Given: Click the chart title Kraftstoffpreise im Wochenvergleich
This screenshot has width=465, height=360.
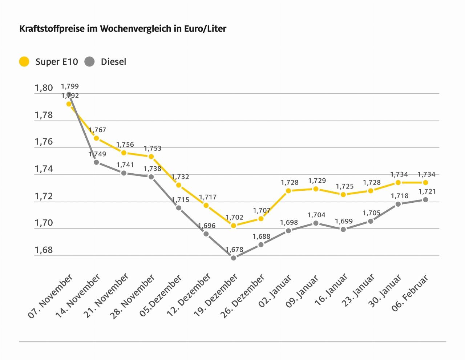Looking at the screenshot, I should tap(123, 29).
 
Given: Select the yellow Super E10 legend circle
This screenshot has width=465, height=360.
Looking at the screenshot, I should tap(24, 61).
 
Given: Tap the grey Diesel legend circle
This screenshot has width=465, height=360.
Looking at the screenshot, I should tap(89, 61).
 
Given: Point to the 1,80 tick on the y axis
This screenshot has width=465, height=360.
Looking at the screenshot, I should tap(44, 88).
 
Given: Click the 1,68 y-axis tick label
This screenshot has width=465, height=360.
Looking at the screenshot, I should tap(44, 250).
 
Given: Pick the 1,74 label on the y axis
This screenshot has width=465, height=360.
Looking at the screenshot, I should tap(44, 169).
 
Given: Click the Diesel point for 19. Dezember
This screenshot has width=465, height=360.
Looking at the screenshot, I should tap(234, 258).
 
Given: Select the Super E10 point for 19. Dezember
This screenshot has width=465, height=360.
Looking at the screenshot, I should tap(234, 226).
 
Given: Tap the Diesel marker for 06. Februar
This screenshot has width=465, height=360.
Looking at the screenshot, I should tap(425, 200).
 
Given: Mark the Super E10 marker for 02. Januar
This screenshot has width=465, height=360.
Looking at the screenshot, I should tap(288, 191).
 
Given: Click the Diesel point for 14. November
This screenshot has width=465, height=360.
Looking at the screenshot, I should tap(96, 162).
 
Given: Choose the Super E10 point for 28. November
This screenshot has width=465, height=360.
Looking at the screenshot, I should tap(151, 157).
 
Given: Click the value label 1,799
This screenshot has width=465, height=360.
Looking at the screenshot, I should tap(70, 86).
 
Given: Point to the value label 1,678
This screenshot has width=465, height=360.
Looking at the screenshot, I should tap(234, 250).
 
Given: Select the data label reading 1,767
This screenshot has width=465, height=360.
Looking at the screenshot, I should tap(97, 130).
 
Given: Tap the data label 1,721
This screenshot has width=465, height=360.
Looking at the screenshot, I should tap(427, 191).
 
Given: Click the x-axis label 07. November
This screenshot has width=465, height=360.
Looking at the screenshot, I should tap(50, 297).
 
